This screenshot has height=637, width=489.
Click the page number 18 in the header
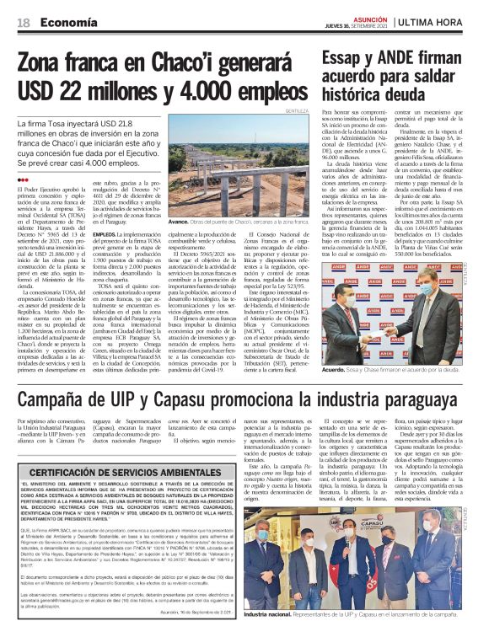(x=24, y=22)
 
